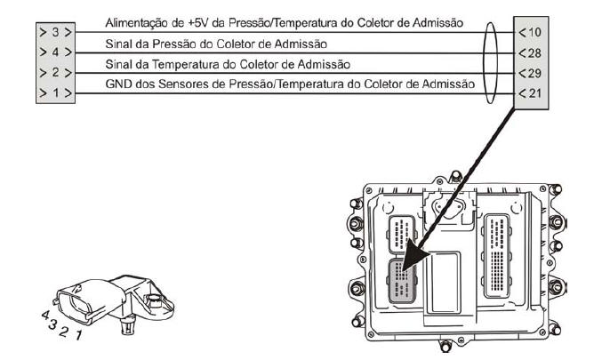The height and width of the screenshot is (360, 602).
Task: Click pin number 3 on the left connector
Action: pyautogui.click(x=56, y=32)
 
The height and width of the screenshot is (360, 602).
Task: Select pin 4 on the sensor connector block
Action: pyautogui.click(x=56, y=52)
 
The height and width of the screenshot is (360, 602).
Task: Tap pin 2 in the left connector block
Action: pyautogui.click(x=56, y=72)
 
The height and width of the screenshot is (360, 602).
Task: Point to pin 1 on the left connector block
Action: pyautogui.click(x=56, y=92)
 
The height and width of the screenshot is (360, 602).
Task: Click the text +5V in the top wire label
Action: pyautogui.click(x=198, y=23)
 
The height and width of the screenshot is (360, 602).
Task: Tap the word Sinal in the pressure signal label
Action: pyautogui.click(x=118, y=44)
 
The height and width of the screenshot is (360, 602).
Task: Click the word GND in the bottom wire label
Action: pyautogui.click(x=118, y=84)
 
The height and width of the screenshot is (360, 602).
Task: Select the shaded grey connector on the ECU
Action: pyautogui.click(x=402, y=280)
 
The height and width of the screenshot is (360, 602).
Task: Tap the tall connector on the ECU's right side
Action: pyautogui.click(x=497, y=256)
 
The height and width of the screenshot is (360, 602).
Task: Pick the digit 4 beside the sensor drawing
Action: pyautogui.click(x=45, y=316)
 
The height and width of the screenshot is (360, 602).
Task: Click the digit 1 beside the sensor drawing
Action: pyautogui.click(x=78, y=335)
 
